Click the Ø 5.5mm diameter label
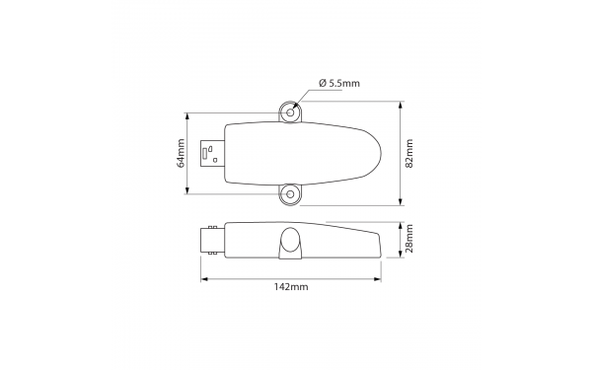click(x=340, y=83)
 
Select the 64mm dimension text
click(x=183, y=155)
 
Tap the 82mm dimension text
click(x=408, y=154)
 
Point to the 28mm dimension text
click(x=408, y=239)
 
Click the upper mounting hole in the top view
click(x=290, y=112)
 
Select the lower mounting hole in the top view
click(x=290, y=194)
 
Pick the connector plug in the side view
click(x=213, y=240)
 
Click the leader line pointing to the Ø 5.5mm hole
click(x=307, y=97)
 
